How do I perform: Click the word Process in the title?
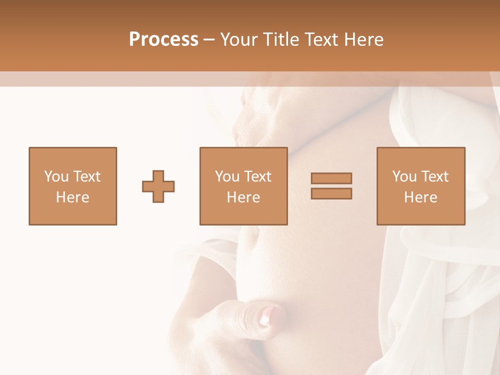tap(164, 40)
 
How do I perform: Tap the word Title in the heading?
tap(281, 40)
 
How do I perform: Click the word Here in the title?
tap(364, 40)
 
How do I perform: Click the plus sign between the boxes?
tap(158, 186)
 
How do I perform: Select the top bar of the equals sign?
tap(331, 179)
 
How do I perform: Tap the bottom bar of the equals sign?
tap(331, 193)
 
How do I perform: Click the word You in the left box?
tap(56, 177)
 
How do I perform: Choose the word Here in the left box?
tap(72, 197)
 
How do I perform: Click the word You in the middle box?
tap(227, 177)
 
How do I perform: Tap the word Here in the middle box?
tap(243, 197)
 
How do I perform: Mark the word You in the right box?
tap(404, 177)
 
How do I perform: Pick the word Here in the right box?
tap(420, 197)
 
